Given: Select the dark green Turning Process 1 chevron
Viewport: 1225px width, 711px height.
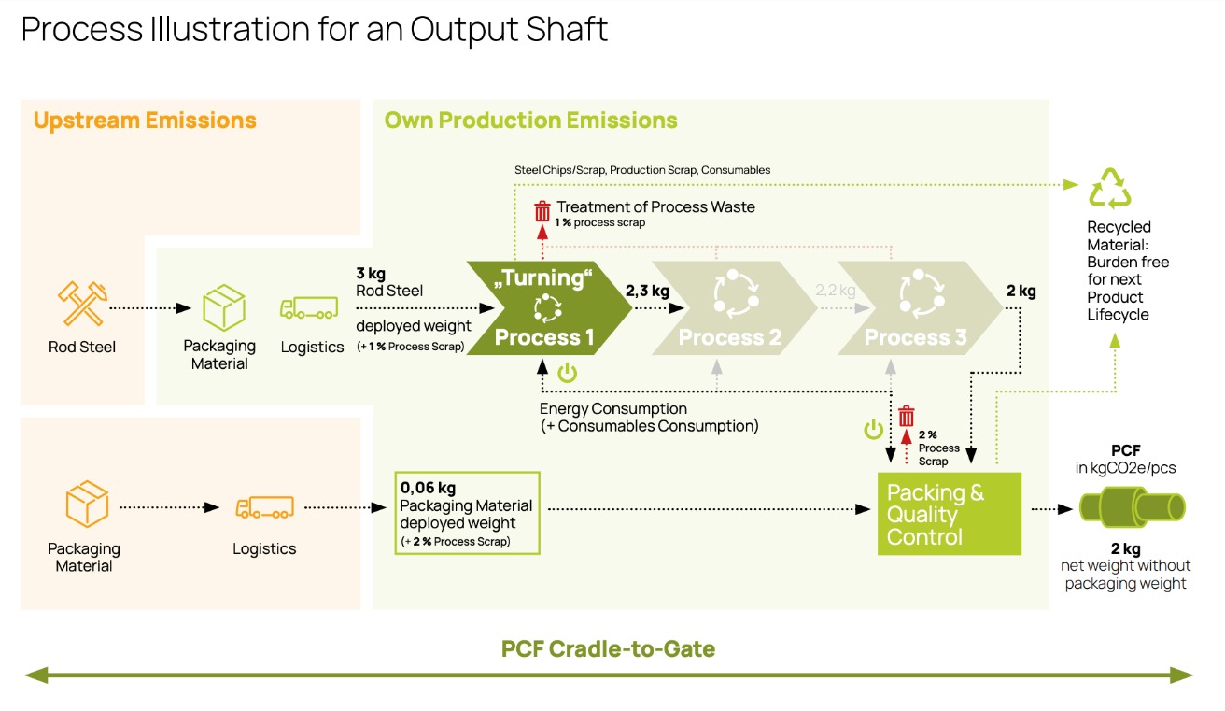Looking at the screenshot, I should coord(545,308).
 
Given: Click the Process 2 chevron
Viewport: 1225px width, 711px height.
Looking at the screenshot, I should coord(729,308).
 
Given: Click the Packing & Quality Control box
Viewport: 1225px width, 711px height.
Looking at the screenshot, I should coord(949,514).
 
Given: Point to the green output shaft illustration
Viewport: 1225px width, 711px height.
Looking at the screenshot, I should coord(1132,509).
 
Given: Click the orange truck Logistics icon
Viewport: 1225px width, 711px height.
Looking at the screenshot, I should coord(264,507).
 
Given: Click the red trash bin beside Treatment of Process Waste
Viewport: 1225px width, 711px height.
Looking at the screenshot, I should coord(542,210).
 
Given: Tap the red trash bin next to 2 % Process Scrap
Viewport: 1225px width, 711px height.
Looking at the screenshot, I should coord(906,417).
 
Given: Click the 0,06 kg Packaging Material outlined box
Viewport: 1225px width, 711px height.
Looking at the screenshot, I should coord(467,513).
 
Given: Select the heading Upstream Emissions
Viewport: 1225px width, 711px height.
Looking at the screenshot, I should coord(145,121).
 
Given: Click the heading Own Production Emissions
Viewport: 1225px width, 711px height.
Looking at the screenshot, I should coord(530,121).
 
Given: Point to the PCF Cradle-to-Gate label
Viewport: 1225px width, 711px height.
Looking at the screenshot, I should coord(608,648).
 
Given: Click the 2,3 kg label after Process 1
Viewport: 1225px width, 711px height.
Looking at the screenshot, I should coord(647,292).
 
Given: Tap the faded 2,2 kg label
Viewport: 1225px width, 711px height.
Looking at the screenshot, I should coord(835,291).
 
